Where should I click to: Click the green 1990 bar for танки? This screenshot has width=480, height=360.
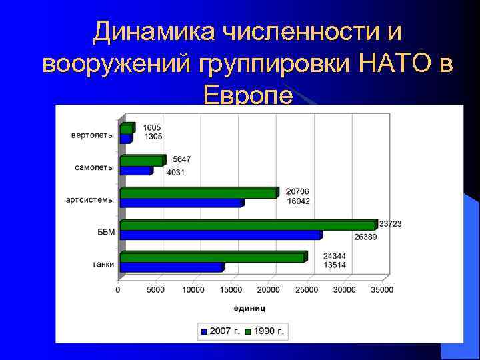pos(212,257)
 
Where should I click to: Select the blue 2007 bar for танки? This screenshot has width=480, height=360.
pos(171,267)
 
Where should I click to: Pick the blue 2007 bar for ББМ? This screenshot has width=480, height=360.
pos(220,235)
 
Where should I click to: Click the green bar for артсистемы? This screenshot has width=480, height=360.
pos(198,193)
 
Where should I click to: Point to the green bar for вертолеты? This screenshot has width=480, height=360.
pos(126,129)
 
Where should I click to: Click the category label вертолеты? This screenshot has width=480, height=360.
pos(92,135)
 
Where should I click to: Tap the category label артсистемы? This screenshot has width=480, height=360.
pos(89,199)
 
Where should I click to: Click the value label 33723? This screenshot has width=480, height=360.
pos(390,224)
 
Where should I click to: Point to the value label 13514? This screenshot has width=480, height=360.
pos(334,265)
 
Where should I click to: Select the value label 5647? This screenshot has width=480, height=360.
pos(182,159)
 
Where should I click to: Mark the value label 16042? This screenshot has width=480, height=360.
pos(299,201)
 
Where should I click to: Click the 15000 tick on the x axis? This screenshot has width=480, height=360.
pos(231,290)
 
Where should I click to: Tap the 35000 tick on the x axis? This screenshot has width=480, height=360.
pos(382,290)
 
